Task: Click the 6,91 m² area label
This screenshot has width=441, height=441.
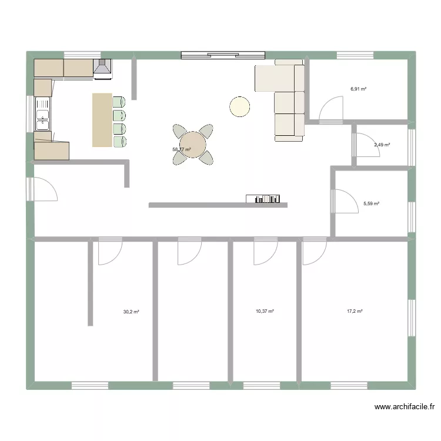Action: click(358, 89)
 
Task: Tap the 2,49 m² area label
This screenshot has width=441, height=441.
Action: click(382, 145)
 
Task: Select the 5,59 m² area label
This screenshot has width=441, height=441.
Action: click(371, 204)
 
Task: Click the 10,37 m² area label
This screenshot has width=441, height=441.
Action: click(265, 312)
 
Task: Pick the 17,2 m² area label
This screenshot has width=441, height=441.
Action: click(355, 312)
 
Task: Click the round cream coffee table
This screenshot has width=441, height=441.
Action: click(239, 106)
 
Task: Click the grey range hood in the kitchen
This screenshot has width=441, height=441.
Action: click(102, 69)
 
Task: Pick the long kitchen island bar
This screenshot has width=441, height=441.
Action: click(102, 120)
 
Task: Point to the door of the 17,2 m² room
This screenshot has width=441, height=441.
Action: click(314, 252)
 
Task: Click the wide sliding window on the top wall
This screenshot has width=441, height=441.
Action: click(223, 56)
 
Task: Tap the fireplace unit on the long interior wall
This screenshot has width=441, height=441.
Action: click(266, 199)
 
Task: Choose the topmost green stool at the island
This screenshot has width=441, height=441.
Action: click(119, 101)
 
